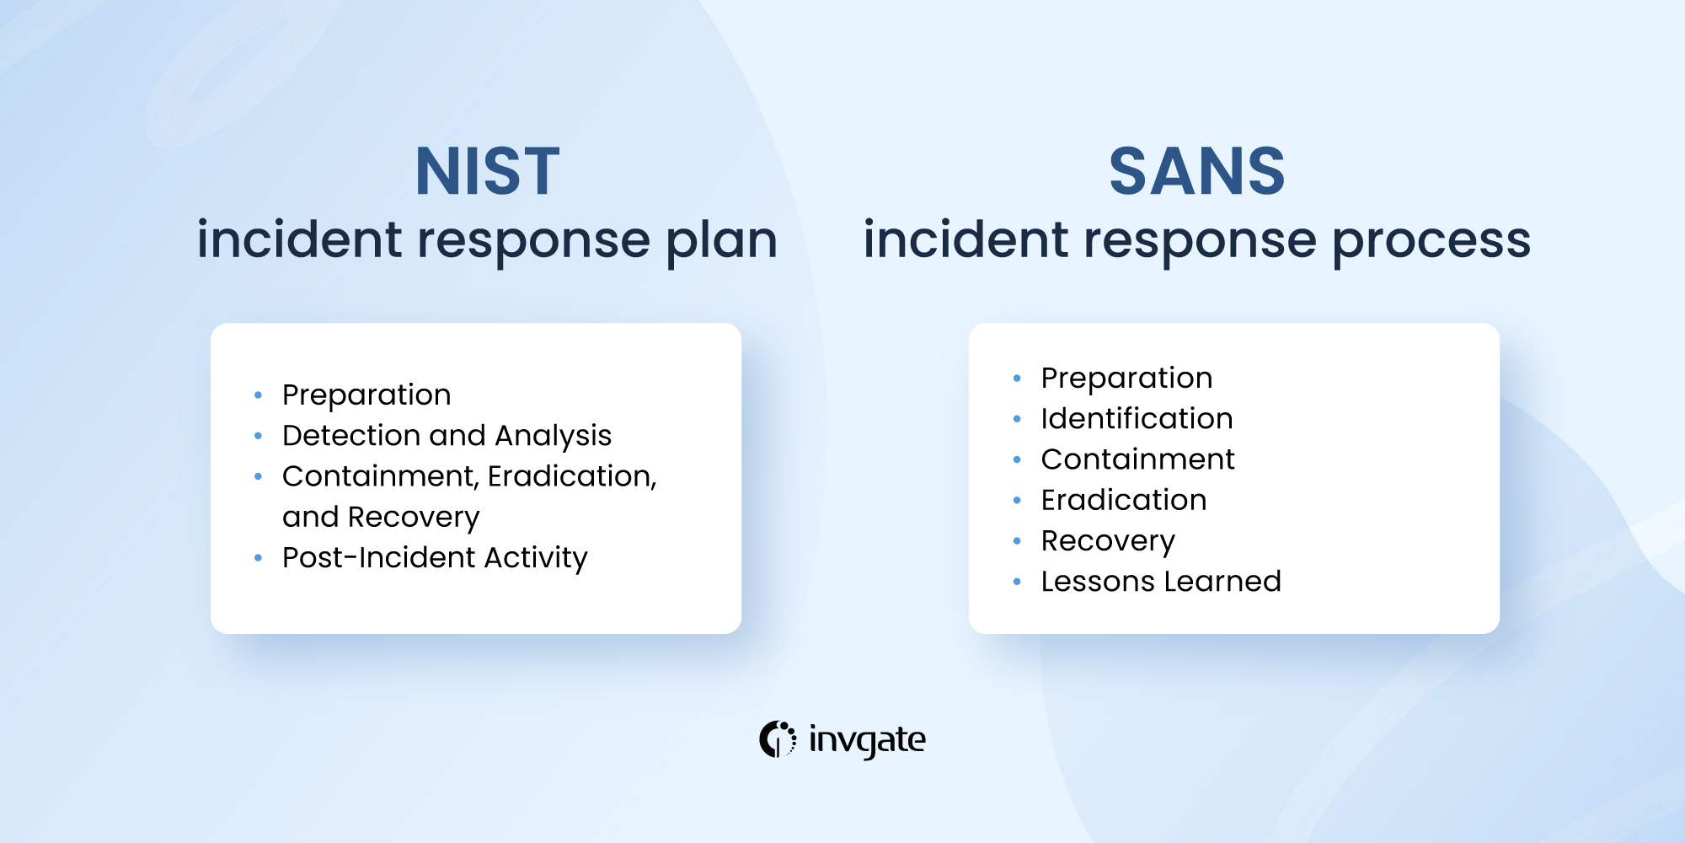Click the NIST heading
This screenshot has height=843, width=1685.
coord(487,172)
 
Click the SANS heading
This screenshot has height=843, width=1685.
coord(1196,172)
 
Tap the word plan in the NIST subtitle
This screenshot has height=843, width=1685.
coord(721,241)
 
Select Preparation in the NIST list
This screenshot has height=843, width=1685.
coord(366,395)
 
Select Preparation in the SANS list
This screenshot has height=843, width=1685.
coord(1126,378)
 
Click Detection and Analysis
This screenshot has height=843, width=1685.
coord(447,435)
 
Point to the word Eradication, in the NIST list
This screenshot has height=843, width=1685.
coord(572,476)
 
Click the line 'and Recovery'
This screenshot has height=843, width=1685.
coord(381,517)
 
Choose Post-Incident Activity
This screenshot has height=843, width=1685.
coord(435,557)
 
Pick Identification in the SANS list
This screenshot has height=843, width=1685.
coord(1137,418)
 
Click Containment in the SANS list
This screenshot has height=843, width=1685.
coord(1137,459)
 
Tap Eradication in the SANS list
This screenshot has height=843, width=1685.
coord(1124,500)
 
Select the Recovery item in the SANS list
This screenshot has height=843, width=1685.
coord(1108,540)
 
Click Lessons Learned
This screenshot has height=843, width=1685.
coord(1161,581)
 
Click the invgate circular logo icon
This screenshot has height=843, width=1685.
coord(777,739)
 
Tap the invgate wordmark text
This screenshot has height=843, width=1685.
coord(867,740)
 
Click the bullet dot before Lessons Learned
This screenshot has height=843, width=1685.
coord(1017,582)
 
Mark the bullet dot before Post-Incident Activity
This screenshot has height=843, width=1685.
coord(258,558)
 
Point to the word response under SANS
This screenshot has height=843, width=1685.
coord(1200,241)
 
